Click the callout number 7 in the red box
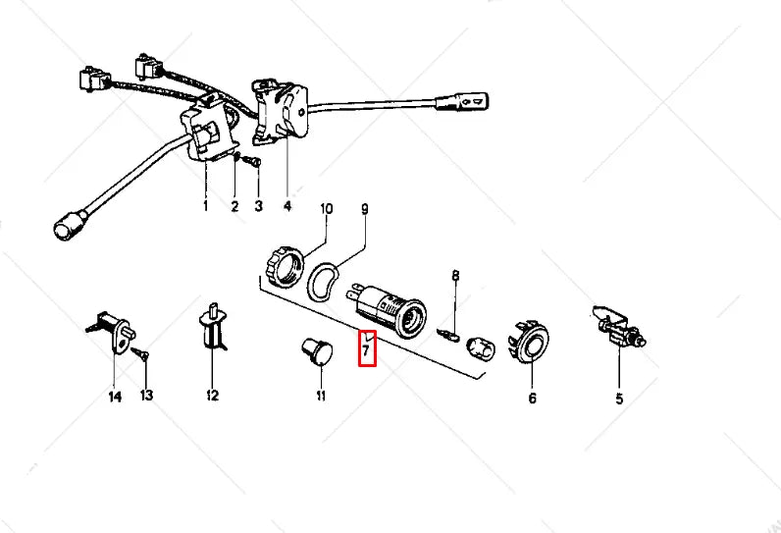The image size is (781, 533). coord(367,348)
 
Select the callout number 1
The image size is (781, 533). coord(205,206)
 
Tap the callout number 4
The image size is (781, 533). coord(286,206)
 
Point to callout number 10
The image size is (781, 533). coord(327,209)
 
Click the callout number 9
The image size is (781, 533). coord(365,209)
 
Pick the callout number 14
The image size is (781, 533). coord(114,397)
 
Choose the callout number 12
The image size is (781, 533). coord(212,397)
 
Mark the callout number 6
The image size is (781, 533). coord(533,398)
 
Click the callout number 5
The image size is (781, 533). coord(619,398)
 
